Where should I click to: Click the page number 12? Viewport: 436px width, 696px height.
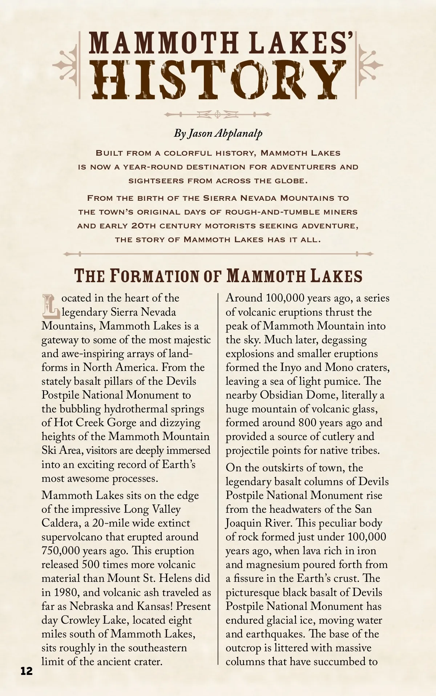pos(27,671)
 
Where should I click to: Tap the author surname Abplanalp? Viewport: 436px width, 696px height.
pos(238,133)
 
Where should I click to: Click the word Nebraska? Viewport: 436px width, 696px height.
pos(92,606)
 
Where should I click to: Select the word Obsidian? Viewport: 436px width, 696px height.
pos(282,395)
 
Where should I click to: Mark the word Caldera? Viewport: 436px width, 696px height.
pos(60,523)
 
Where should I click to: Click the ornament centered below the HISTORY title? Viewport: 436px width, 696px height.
pos(218,115)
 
